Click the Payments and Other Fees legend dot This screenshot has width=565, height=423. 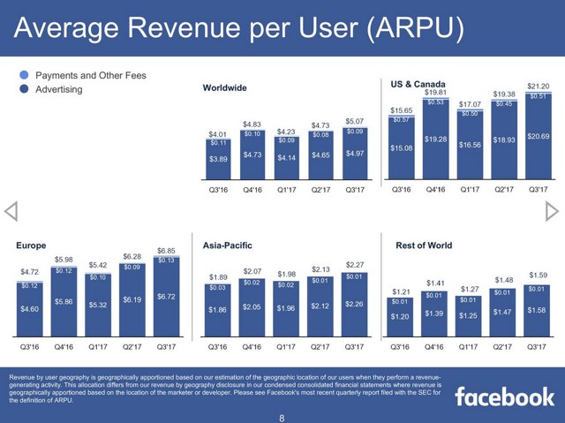25,76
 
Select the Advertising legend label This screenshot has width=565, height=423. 58,89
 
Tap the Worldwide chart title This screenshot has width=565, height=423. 224,88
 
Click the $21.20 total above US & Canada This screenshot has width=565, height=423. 538,87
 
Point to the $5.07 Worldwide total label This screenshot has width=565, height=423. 355,121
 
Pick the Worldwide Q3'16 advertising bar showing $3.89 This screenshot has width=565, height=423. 218,158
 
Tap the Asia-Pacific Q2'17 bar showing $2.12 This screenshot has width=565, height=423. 320,307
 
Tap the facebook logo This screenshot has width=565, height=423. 504,396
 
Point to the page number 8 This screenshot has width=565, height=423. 282,415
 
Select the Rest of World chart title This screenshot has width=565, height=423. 424,245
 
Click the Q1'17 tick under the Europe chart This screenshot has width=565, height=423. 98,347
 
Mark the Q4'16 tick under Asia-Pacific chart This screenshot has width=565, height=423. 252,347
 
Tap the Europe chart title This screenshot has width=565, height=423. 33,245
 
